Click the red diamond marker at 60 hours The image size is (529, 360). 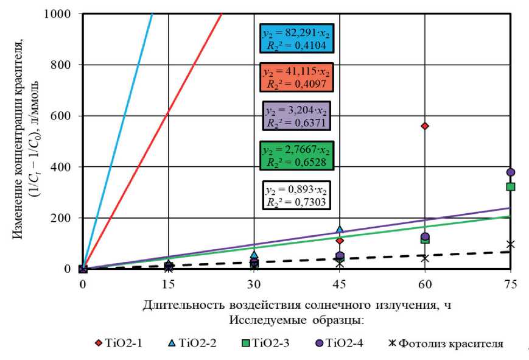click(x=425, y=126)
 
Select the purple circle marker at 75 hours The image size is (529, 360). click(x=511, y=172)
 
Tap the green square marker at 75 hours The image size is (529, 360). click(x=511, y=186)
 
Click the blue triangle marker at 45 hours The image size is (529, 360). click(x=340, y=229)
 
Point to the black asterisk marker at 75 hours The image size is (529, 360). click(x=511, y=244)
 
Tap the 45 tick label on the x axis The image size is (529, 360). click(x=340, y=284)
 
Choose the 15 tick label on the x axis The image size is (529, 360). click(x=169, y=284)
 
